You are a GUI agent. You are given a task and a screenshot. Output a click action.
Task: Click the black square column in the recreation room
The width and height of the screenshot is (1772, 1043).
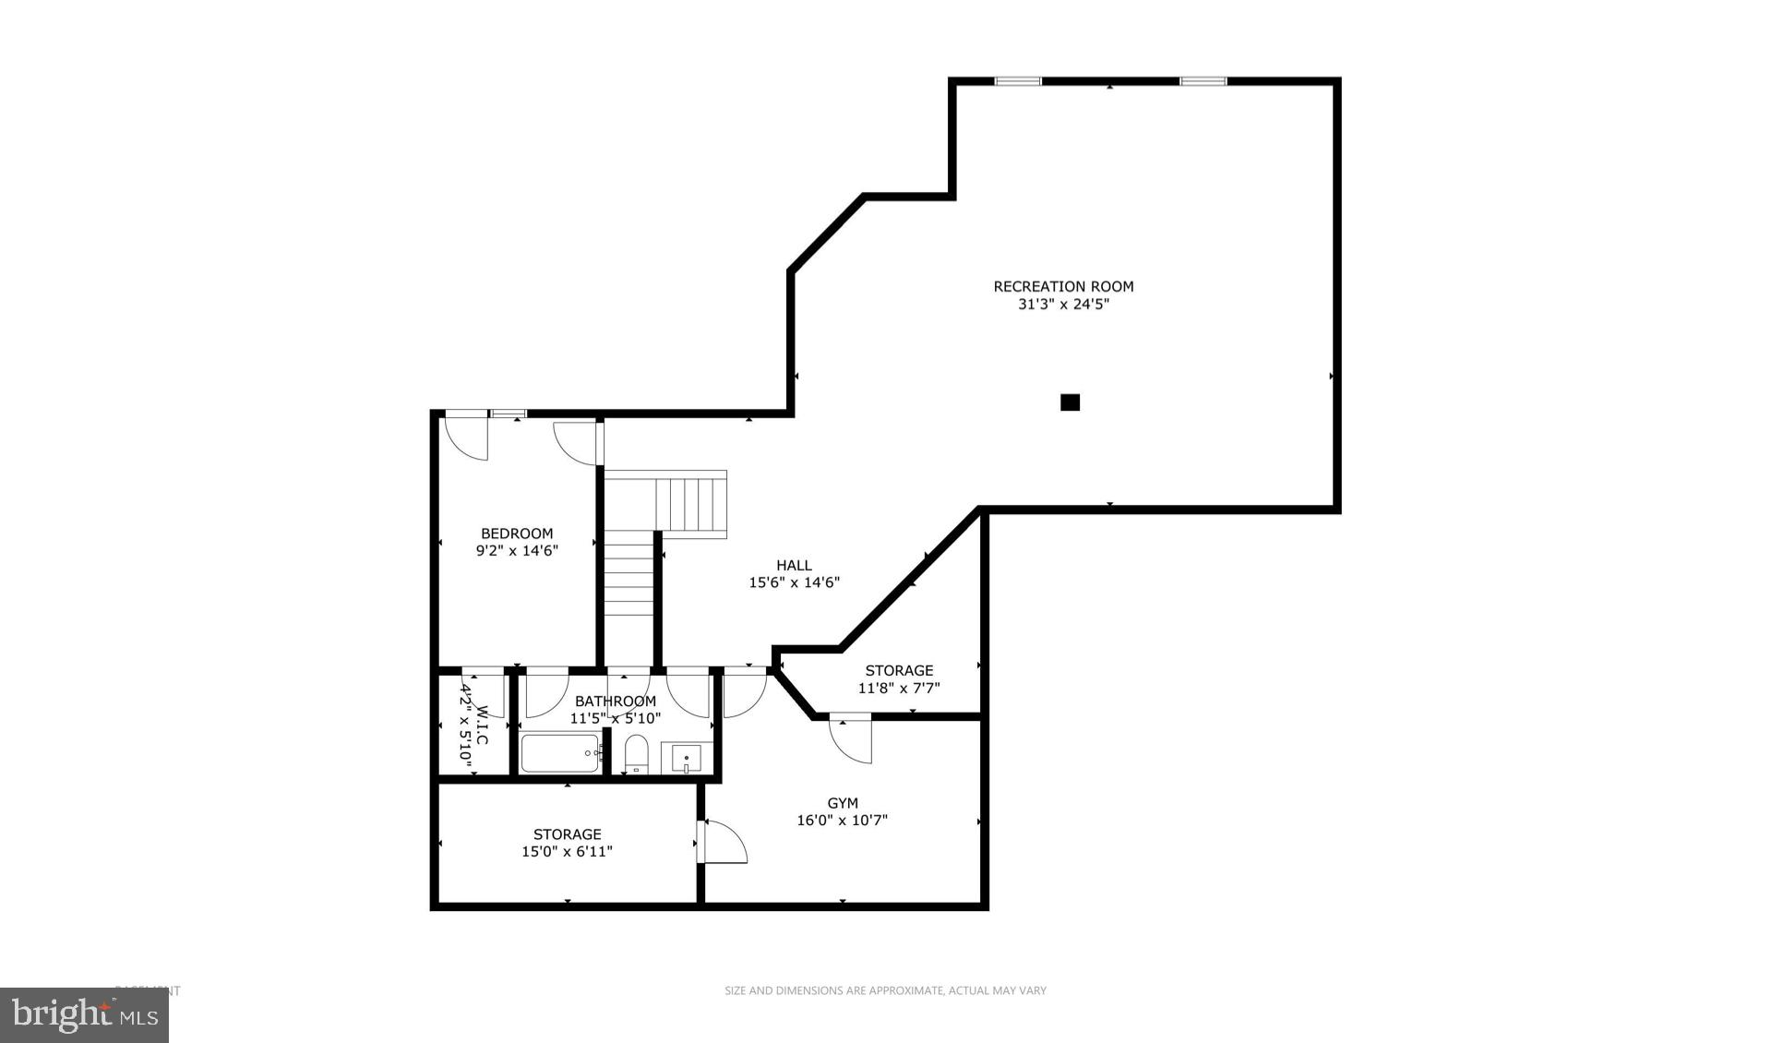[x=1070, y=402]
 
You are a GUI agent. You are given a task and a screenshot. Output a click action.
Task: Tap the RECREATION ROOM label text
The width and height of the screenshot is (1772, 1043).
[x=1063, y=286]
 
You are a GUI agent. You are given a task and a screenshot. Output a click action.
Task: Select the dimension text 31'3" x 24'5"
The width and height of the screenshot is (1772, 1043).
[x=1063, y=304]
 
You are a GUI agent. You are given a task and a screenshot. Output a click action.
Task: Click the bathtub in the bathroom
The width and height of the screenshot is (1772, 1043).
[x=561, y=753]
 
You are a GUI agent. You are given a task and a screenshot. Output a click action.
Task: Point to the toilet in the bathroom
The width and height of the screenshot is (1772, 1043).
[x=637, y=753]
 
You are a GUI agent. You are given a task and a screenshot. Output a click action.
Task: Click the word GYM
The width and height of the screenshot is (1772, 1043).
[x=842, y=803]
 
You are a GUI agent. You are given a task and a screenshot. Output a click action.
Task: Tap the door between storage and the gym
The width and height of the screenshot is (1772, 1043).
[x=723, y=841]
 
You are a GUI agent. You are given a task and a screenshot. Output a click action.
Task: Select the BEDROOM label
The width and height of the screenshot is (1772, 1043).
[x=517, y=533]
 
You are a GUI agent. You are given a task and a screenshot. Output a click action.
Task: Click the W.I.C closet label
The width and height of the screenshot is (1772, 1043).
[x=481, y=726]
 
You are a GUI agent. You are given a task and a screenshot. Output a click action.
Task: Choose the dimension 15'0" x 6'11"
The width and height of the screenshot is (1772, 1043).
[x=567, y=852]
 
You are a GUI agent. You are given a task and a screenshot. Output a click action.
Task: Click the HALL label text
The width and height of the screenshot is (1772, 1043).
[x=794, y=565]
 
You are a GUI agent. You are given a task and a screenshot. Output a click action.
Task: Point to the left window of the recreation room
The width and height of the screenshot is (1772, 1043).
[x=1017, y=82]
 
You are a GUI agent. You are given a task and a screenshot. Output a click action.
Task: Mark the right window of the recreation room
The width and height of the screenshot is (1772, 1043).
[x=1203, y=82]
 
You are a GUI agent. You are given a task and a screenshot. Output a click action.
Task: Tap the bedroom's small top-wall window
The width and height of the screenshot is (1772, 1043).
[x=508, y=414]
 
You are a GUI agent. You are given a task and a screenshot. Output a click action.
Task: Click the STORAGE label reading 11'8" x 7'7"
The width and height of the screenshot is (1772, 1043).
[x=899, y=670]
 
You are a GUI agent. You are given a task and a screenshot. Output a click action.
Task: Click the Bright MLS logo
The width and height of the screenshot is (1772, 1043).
[x=84, y=1015]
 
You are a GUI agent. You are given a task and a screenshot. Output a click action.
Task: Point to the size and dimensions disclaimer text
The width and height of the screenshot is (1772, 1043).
[x=885, y=990]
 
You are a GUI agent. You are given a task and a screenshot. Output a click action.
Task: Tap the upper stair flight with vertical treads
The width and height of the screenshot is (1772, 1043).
[x=691, y=503]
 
